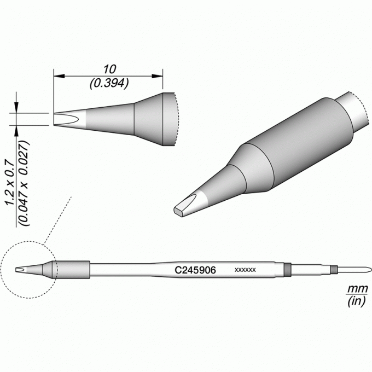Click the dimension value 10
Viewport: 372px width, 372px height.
click(109, 69)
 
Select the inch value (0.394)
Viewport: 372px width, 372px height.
click(109, 83)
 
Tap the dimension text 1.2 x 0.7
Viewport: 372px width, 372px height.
click(10, 183)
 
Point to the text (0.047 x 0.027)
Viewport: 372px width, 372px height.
click(24, 183)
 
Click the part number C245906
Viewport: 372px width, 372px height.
click(195, 270)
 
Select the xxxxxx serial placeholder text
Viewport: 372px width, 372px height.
click(245, 270)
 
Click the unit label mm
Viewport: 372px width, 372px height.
click(357, 289)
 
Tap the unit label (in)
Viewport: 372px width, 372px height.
click(357, 301)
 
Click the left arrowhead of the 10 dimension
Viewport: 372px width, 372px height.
click(59, 76)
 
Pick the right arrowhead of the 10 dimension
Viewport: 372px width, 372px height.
click(158, 76)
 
